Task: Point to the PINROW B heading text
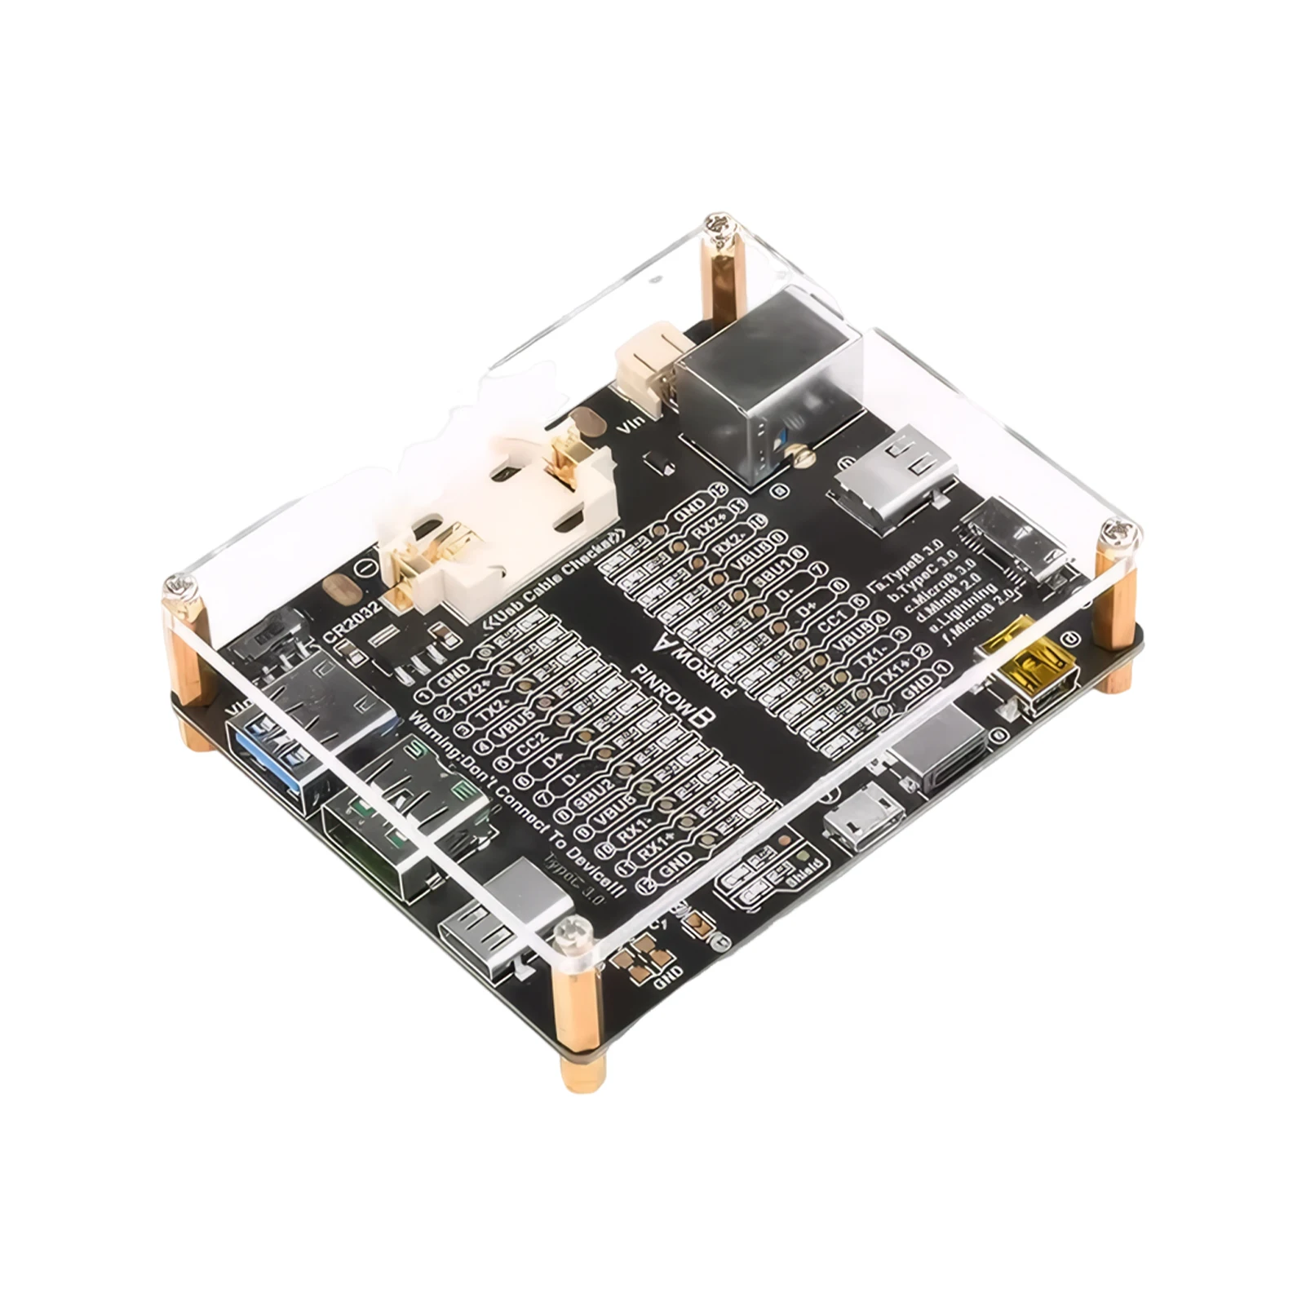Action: click(x=689, y=681)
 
